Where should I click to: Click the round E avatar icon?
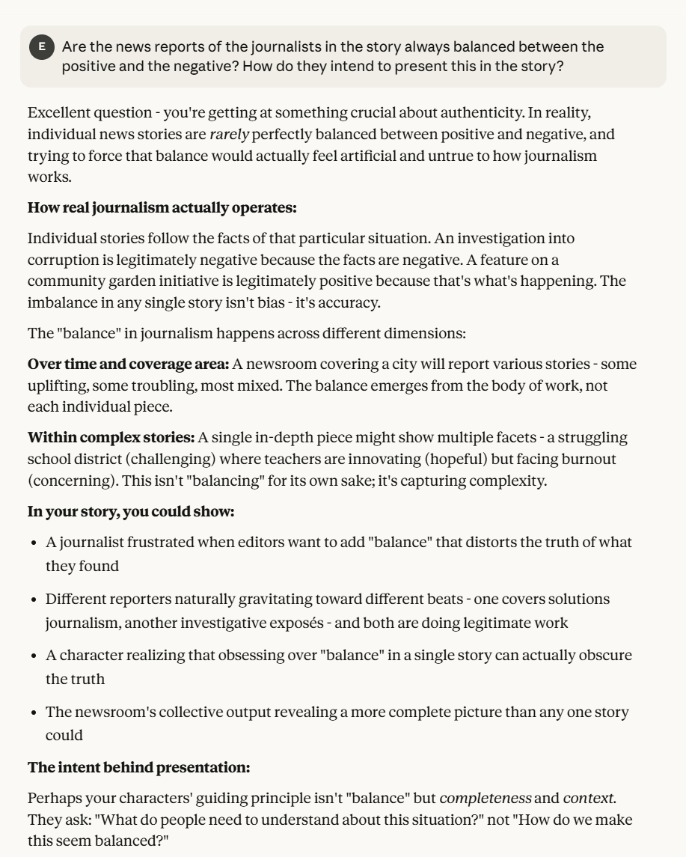(x=42, y=47)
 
